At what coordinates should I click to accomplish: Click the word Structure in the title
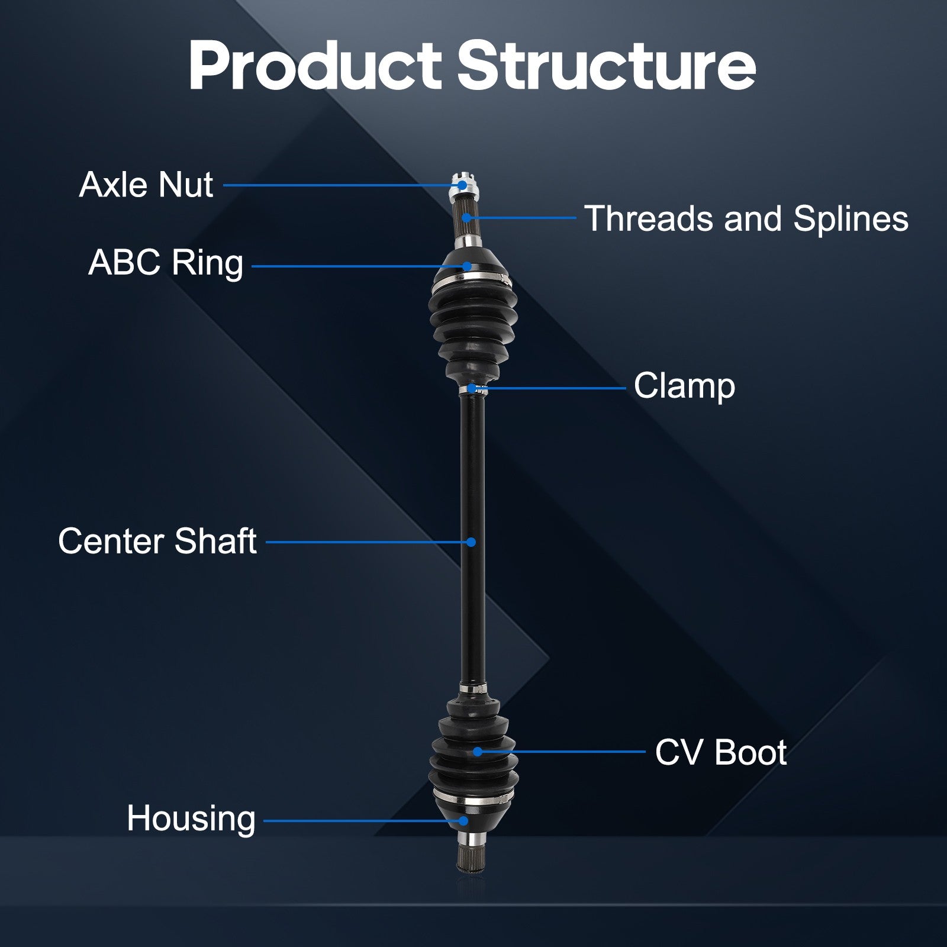(x=606, y=66)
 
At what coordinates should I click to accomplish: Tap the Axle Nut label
(x=146, y=185)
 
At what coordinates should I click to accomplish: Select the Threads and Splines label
(x=746, y=218)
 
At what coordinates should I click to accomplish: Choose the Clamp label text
(x=684, y=386)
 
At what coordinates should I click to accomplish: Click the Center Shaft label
(x=157, y=541)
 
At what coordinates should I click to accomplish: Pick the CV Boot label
(x=720, y=752)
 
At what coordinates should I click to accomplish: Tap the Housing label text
(x=191, y=819)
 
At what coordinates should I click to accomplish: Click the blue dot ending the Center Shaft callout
(x=471, y=542)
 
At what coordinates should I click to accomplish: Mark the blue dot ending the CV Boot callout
(x=478, y=752)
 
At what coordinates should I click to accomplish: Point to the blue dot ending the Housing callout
(x=463, y=821)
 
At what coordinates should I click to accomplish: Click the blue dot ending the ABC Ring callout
(x=467, y=266)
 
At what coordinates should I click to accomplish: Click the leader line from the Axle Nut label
(x=337, y=185)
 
